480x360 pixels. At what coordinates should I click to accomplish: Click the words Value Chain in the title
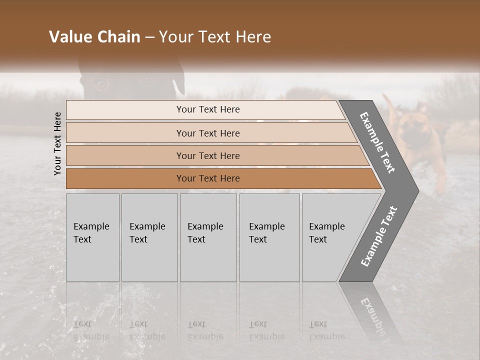point(94,37)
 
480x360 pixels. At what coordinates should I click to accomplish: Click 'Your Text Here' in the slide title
point(215,37)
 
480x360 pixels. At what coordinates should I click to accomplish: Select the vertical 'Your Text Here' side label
point(57,143)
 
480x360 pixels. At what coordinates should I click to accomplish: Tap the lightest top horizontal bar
point(207,109)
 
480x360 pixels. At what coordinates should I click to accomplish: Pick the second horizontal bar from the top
point(207,133)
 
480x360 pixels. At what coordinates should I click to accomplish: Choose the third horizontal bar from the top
point(207,155)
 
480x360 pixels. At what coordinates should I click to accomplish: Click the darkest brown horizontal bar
point(207,178)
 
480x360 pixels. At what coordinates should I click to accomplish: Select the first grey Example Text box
point(92,237)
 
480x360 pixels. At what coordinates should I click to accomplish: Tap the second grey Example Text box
point(149,237)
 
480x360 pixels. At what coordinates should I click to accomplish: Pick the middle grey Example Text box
point(208,237)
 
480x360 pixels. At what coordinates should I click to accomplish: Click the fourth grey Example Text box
point(269,237)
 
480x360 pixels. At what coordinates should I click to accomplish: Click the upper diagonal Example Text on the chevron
point(377,142)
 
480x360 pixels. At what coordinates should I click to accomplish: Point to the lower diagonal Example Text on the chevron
point(378,236)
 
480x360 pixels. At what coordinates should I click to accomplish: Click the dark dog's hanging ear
point(178,82)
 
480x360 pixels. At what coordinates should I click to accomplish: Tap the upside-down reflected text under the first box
point(91,330)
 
